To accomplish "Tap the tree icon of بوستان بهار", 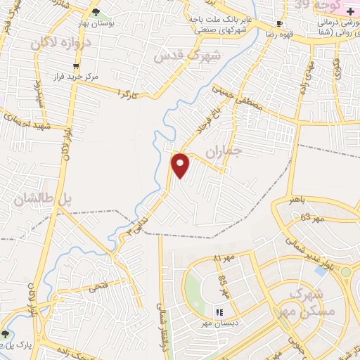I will pyautogui.click(x=96, y=13).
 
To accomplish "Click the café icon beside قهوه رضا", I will pyautogui.click(x=279, y=23).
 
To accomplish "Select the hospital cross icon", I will pyautogui.click(x=352, y=13).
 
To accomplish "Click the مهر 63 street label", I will pyautogui.click(x=314, y=219).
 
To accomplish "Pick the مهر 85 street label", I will pyautogui.click(x=223, y=287).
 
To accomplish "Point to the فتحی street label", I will pyautogui.click(x=98, y=286).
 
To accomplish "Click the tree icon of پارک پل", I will pyautogui.click(x=6, y=333).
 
